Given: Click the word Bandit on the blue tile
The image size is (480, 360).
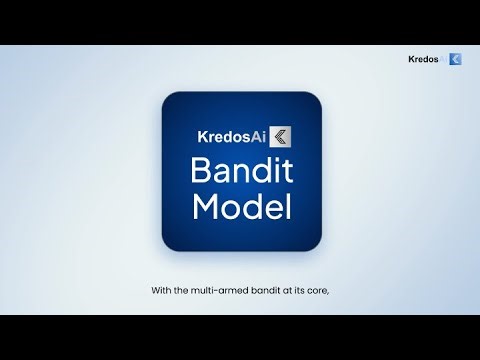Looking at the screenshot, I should tap(241, 171).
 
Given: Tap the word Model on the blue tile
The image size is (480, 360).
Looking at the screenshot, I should tap(241, 208).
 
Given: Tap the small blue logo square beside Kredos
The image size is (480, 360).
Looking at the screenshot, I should tap(455, 60).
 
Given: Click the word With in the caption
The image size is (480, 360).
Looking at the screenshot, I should tap(161, 291).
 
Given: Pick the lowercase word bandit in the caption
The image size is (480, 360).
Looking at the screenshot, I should tap(262, 291).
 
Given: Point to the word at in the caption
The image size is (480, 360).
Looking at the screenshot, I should tap(284, 291).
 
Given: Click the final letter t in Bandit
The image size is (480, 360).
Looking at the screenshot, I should tap(287, 171).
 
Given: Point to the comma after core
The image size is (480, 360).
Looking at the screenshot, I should tap(328, 294).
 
